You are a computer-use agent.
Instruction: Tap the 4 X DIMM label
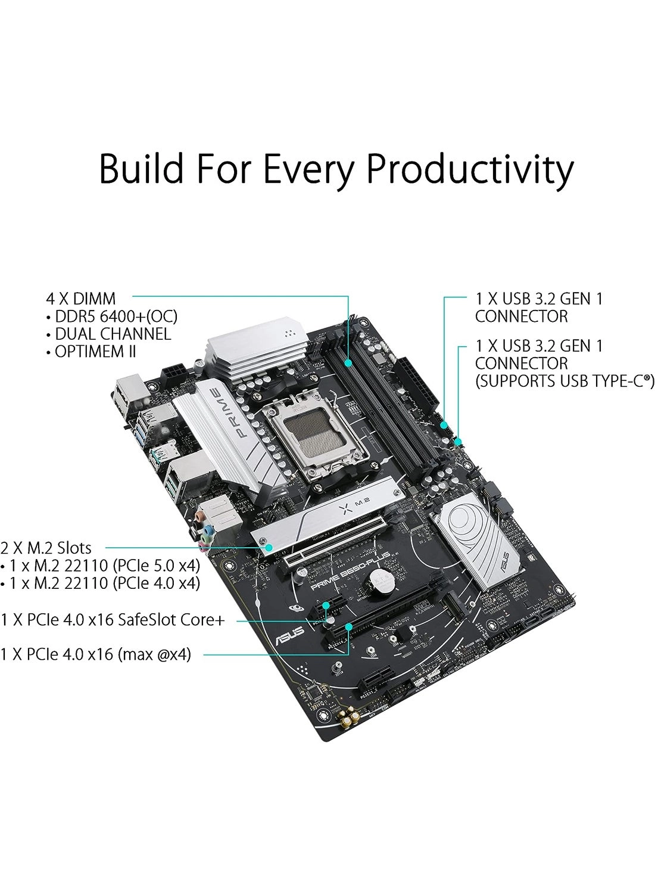[x=81, y=299]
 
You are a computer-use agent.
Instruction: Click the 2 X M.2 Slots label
[x=46, y=548]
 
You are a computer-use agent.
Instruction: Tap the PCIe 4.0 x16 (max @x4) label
[x=96, y=654]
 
